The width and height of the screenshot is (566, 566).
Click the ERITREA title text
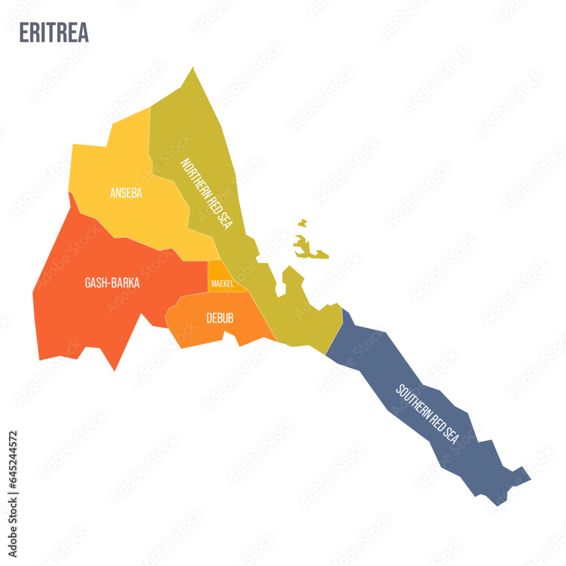click(54, 32)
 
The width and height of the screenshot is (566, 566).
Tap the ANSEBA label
click(126, 194)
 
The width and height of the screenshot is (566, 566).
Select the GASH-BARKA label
click(112, 283)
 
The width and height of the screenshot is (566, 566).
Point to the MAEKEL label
click(222, 283)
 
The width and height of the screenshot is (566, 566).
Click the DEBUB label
click(220, 319)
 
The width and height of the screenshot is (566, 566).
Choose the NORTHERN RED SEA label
click(206, 193)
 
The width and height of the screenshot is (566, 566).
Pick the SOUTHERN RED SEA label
click(427, 414)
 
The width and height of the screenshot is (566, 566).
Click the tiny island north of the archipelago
click(303, 222)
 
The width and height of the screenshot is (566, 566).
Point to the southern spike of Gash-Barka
click(115, 370)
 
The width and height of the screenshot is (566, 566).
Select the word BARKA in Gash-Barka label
click(126, 283)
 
